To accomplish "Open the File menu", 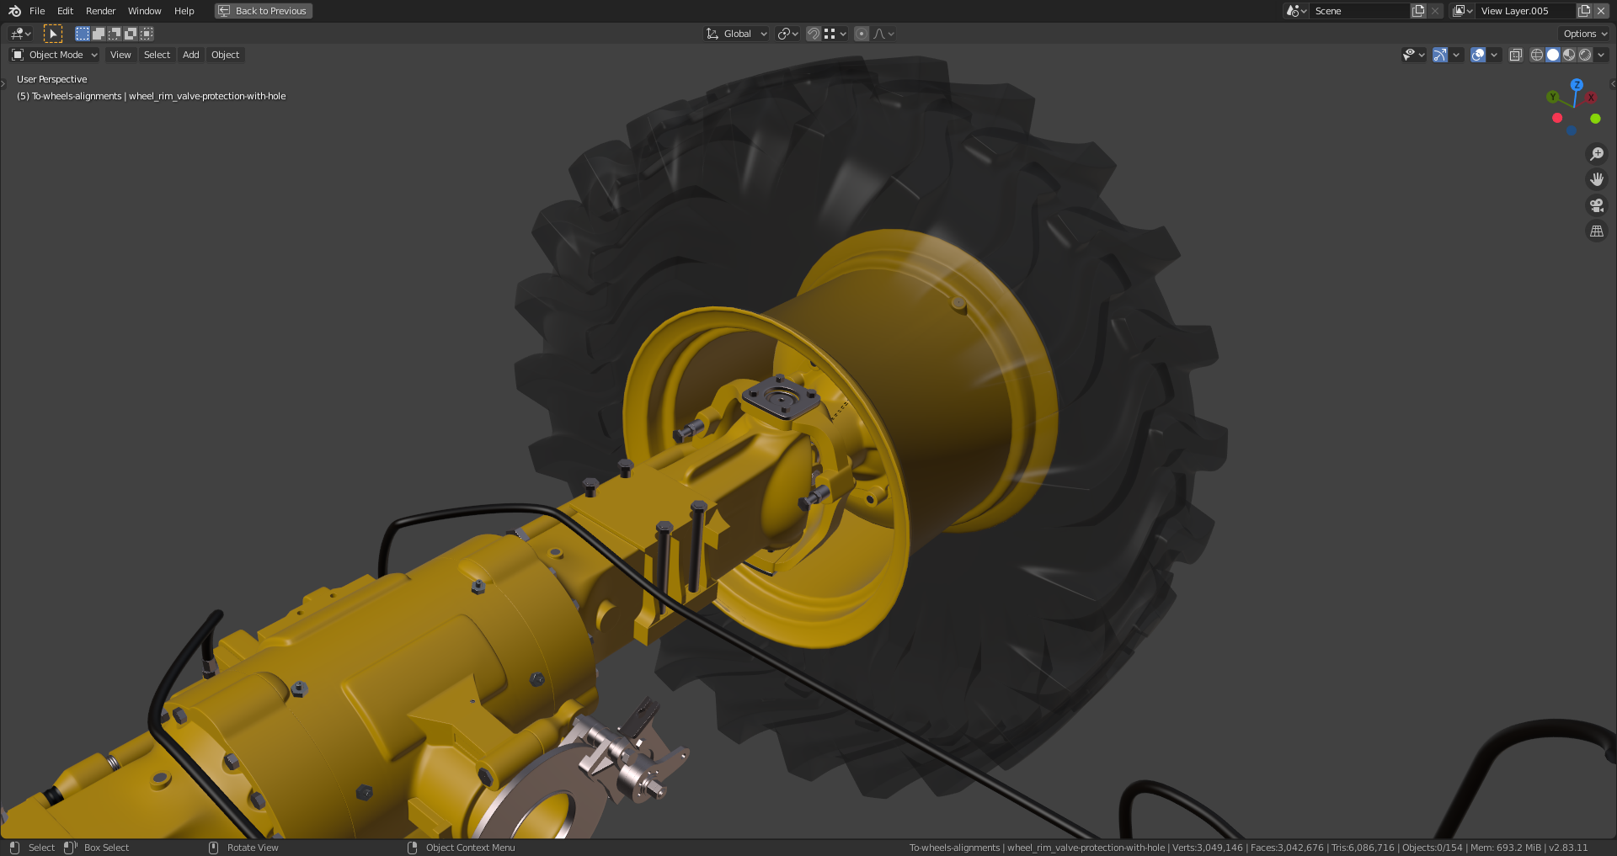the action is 37,11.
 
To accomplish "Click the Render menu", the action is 100,11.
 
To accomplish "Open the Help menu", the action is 184,11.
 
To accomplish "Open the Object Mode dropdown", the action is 55,55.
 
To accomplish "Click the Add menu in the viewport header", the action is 191,55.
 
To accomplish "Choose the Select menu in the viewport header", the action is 157,55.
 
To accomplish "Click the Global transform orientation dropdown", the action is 737,34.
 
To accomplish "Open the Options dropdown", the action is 1584,34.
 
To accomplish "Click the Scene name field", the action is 1358,11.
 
